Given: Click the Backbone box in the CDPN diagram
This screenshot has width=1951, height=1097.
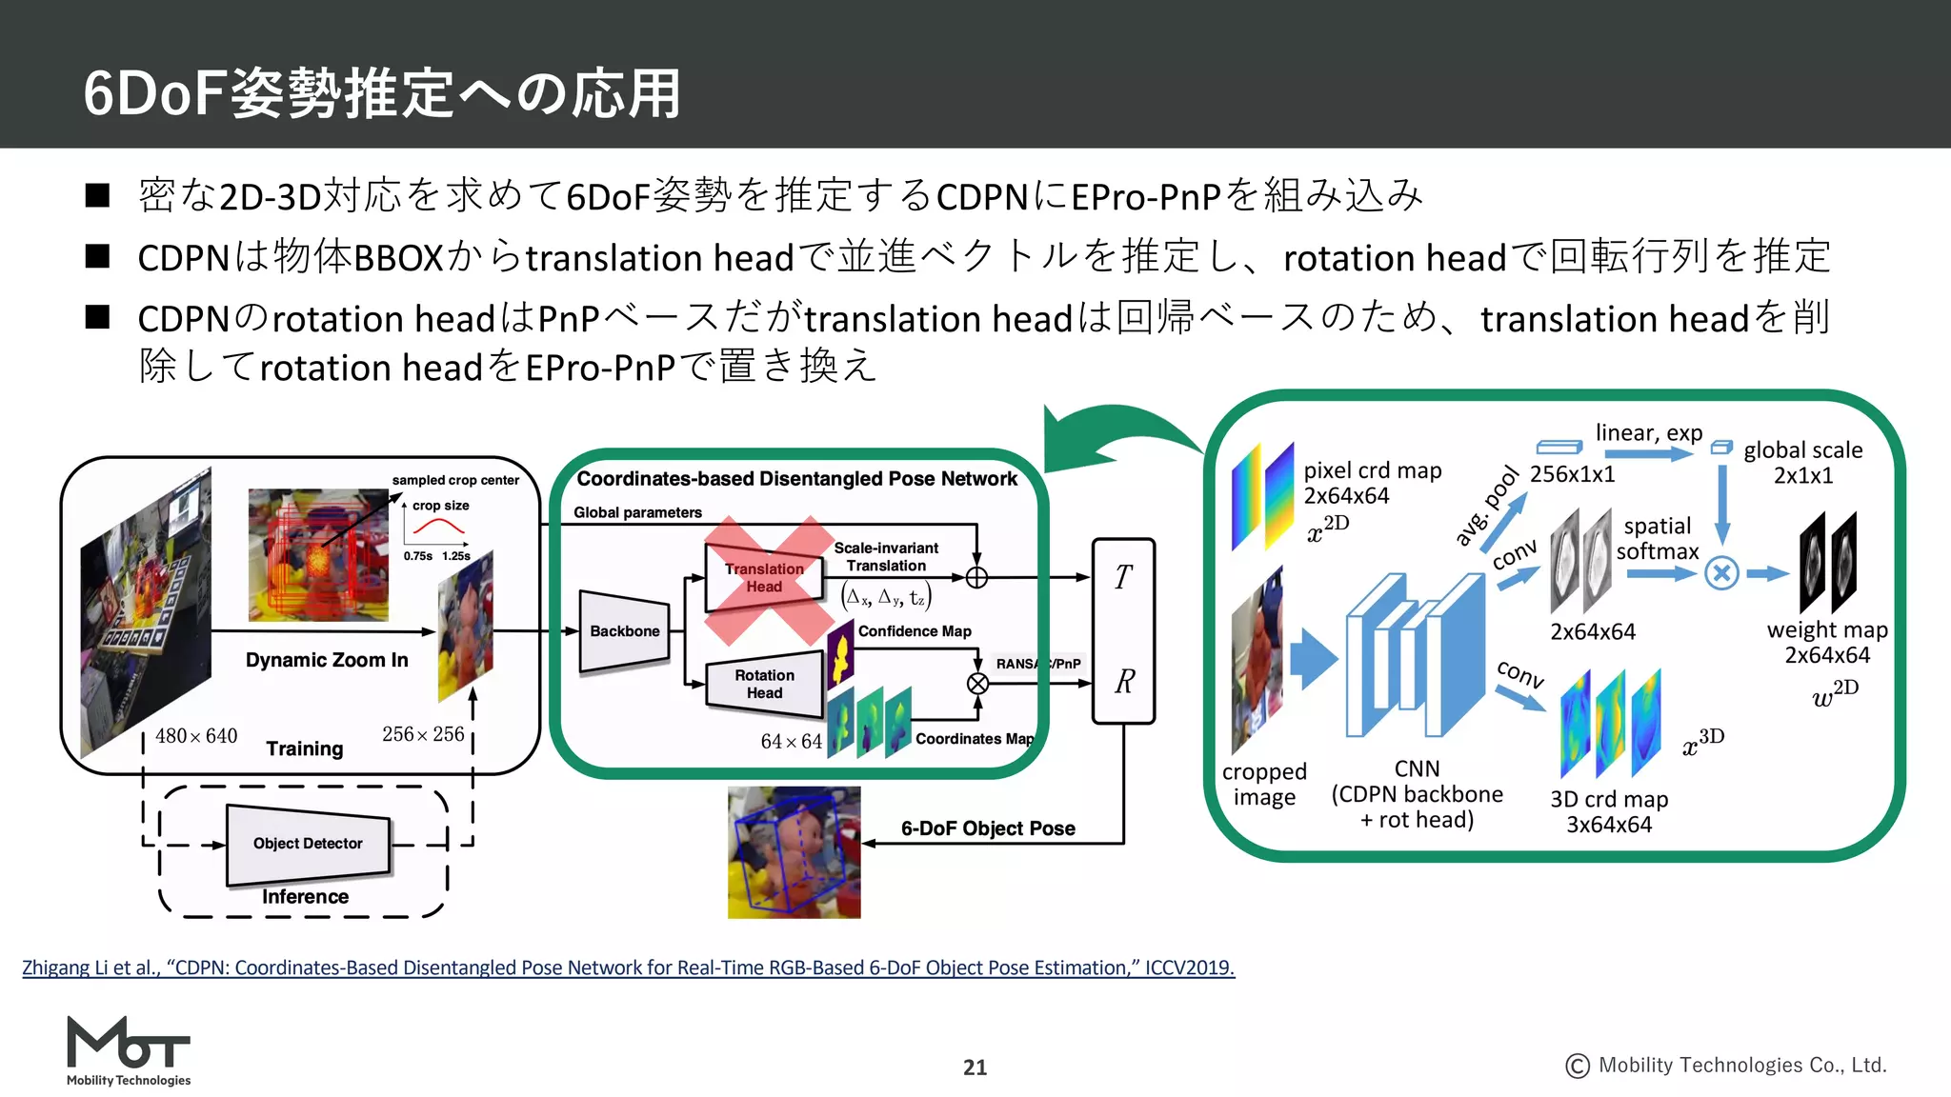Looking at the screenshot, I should (624, 631).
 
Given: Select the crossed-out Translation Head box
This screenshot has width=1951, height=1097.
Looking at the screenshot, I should (764, 578).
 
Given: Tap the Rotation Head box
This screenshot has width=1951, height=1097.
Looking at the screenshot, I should (764, 684).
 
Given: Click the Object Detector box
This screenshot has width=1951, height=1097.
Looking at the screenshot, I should (308, 844).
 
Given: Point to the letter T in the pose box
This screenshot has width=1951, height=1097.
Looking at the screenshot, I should (1123, 577).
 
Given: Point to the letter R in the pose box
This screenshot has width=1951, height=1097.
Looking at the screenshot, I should (1124, 682).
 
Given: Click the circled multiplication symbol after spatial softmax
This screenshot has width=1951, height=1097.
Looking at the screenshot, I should (1721, 573).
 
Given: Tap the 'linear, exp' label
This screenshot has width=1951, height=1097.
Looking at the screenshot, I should (1649, 433).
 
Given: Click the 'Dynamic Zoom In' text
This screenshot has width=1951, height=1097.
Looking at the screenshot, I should (327, 660).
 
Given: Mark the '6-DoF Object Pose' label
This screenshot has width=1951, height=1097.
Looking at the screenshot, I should (988, 828).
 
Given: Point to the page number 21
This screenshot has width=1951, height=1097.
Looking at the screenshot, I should (975, 1067).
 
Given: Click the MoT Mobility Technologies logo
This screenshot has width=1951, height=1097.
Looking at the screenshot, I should (129, 1050).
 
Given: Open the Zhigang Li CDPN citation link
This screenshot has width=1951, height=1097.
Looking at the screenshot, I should (628, 967).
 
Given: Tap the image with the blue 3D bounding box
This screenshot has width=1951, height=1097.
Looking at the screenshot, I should (794, 852).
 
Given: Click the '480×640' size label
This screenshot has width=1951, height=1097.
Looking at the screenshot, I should (196, 736).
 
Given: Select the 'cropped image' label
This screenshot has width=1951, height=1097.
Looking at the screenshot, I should (1264, 784).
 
